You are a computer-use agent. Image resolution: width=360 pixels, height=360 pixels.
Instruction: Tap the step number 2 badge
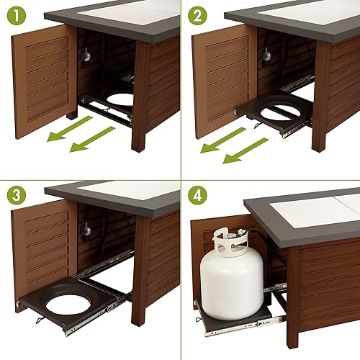(x=197, y=15)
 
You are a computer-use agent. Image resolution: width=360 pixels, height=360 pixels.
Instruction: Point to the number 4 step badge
(x=197, y=197)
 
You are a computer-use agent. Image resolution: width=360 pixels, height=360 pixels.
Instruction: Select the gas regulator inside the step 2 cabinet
(x=266, y=55)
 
